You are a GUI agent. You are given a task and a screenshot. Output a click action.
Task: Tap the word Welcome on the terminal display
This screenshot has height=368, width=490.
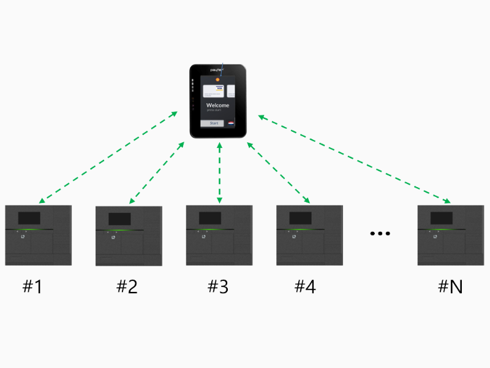click(x=217, y=105)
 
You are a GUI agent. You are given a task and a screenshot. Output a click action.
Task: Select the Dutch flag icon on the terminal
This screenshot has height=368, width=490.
click(x=231, y=123)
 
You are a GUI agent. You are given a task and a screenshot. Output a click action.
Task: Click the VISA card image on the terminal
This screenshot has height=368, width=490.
click(x=213, y=90)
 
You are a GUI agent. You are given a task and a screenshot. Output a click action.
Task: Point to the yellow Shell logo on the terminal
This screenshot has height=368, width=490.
click(x=216, y=79)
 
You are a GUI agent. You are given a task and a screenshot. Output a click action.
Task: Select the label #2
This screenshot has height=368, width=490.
click(x=127, y=286)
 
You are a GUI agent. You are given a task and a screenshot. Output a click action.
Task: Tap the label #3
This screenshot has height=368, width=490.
click(x=217, y=286)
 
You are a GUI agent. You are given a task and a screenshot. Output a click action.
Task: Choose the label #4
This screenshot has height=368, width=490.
click(x=305, y=286)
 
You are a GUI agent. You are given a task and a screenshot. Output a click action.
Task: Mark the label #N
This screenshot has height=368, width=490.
click(x=450, y=286)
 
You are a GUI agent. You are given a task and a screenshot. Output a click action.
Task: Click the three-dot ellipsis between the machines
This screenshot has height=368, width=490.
click(x=380, y=234)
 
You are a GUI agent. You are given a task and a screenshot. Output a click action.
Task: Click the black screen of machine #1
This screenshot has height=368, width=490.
click(x=29, y=218)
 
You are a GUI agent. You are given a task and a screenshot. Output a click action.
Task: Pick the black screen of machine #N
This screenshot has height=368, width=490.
click(x=442, y=218)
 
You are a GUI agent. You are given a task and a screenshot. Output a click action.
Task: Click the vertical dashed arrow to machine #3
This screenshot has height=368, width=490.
click(x=219, y=172)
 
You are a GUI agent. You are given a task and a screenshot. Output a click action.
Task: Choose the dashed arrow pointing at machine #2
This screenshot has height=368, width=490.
click(x=156, y=172)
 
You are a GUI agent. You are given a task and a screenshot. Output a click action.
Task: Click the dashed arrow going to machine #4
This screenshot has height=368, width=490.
click(x=278, y=172)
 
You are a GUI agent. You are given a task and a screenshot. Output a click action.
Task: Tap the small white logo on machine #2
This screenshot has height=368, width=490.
click(x=112, y=237)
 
